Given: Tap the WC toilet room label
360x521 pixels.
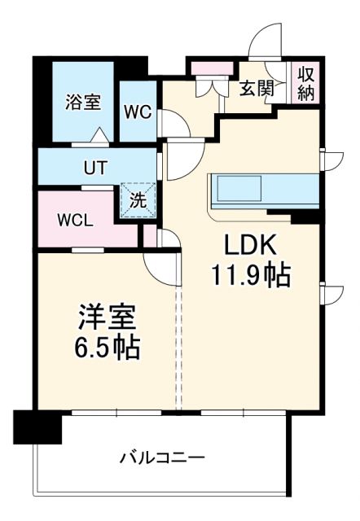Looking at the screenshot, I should pos(138,112).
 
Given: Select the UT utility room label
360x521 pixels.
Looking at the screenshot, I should pos(94,169).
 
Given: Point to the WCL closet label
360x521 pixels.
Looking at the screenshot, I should pos(75,220).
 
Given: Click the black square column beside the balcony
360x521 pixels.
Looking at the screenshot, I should pos(37,426).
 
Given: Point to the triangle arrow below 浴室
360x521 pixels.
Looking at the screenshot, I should pos(98,138).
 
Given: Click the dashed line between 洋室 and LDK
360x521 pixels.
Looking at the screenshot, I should pos(179,342).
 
